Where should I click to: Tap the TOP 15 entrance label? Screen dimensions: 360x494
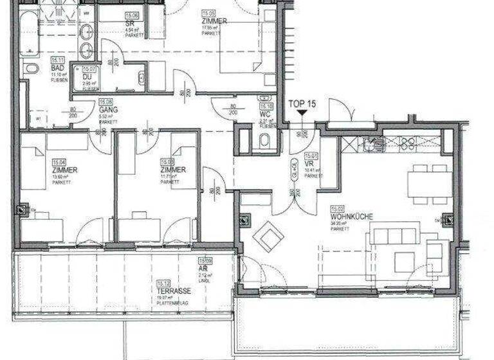[x=302, y=104]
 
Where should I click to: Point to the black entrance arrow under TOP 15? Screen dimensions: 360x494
[x=302, y=113]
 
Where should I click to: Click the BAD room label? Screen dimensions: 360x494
[x=57, y=69]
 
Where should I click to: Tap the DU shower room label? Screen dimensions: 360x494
[x=88, y=77]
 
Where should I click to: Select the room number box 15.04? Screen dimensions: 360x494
[x=59, y=161]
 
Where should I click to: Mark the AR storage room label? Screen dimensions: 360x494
[x=205, y=269]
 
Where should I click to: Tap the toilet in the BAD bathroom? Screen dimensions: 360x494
[x=32, y=68]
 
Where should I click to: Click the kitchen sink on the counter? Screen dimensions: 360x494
[x=373, y=144]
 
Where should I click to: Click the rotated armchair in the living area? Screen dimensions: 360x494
[x=268, y=237]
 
